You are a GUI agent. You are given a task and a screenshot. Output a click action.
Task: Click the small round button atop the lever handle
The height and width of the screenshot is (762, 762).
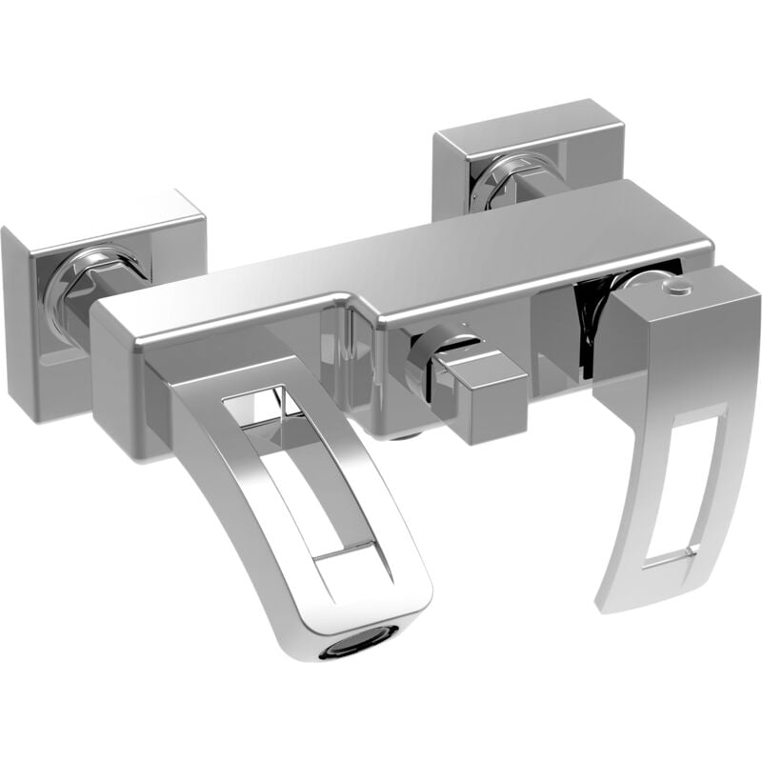674,287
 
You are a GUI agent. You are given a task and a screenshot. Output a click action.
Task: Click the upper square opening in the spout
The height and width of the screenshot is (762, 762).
276,405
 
